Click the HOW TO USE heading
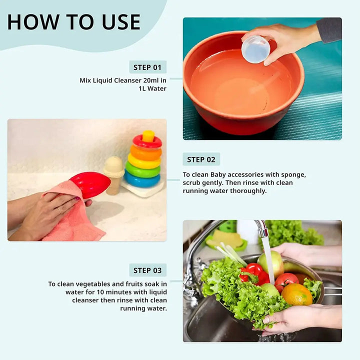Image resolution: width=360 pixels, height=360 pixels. tap(73, 22)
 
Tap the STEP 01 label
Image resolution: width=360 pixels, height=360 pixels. tap(147, 67)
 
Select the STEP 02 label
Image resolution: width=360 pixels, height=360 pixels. tap(201, 159)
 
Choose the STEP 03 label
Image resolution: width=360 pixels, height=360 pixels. tap(147, 270)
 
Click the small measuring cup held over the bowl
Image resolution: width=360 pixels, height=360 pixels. tap(255, 49)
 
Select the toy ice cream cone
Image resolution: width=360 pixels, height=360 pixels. tap(113, 172)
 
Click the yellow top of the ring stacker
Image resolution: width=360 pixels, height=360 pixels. tap(148, 136)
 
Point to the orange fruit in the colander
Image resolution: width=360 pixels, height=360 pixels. tap(296, 294)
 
